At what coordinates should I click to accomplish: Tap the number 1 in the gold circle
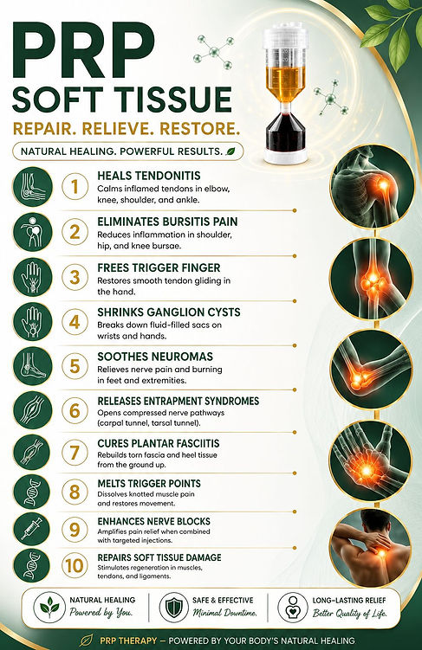point(75,187)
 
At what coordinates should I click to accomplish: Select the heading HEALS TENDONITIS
point(149,176)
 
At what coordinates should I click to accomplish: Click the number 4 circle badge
point(75,322)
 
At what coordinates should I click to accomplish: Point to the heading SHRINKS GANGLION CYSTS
point(169,312)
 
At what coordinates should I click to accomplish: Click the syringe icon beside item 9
point(33,530)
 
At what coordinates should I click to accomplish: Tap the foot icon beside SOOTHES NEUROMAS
point(33,366)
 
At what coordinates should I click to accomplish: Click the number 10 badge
point(75,566)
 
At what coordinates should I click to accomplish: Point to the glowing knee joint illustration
point(371,279)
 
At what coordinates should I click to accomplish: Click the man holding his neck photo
point(371,548)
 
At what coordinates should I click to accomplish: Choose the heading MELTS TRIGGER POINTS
point(149,484)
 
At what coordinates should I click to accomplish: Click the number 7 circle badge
point(75,452)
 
